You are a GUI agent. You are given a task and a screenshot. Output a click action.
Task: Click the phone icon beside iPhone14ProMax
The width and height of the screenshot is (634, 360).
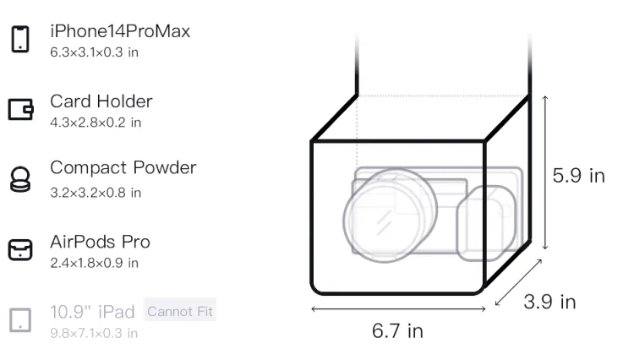click(20, 39)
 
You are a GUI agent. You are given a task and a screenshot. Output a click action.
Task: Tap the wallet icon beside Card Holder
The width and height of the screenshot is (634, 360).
click(20, 109)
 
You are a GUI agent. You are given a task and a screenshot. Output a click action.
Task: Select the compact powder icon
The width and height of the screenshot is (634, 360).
click(20, 179)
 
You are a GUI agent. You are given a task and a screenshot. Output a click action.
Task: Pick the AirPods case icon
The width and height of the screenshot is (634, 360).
click(20, 249)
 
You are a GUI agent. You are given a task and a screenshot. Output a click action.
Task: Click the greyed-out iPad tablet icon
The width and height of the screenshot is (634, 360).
click(20, 320)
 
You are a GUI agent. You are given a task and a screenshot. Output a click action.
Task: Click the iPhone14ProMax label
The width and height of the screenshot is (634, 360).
click(120, 31)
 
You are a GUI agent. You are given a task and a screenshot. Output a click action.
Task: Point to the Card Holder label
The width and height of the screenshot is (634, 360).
click(101, 101)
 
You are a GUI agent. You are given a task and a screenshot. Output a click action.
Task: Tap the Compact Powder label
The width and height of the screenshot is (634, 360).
click(123, 168)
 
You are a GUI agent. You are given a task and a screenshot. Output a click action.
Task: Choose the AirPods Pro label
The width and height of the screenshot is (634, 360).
click(101, 242)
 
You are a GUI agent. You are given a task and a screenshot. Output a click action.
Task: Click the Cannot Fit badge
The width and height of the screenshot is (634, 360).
click(180, 311)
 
